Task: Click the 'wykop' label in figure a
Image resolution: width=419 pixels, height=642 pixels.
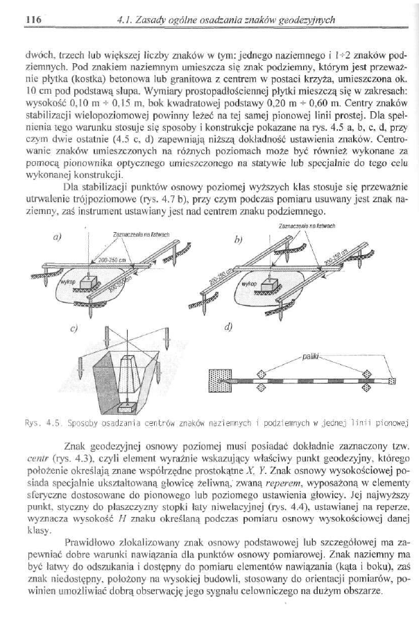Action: point(65,284)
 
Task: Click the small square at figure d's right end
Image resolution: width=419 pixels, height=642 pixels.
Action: point(391,381)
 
